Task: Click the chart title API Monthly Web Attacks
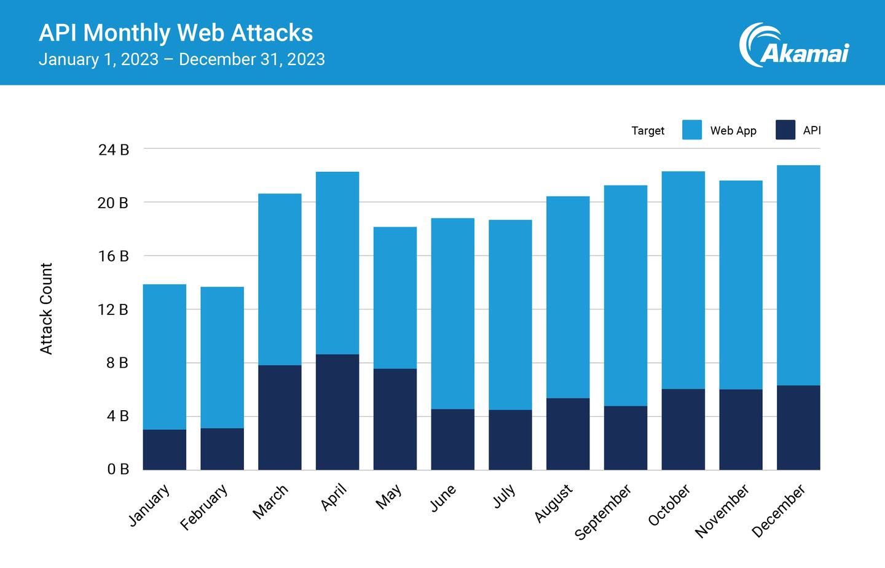(176, 33)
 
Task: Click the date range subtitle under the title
(181, 60)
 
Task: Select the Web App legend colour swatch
(691, 130)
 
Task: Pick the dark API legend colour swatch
(785, 130)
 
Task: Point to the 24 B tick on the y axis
(114, 149)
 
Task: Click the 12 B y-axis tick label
(114, 309)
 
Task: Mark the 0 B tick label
(117, 470)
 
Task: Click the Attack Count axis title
(46, 309)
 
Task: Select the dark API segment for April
(337, 412)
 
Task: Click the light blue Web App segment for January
(165, 357)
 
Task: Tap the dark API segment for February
(222, 449)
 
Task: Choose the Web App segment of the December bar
(798, 275)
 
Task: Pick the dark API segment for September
(626, 438)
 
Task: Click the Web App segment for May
(395, 298)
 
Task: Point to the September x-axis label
(603, 512)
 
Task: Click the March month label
(270, 501)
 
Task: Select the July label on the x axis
(504, 496)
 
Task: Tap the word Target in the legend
(648, 131)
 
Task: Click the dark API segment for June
(453, 440)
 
